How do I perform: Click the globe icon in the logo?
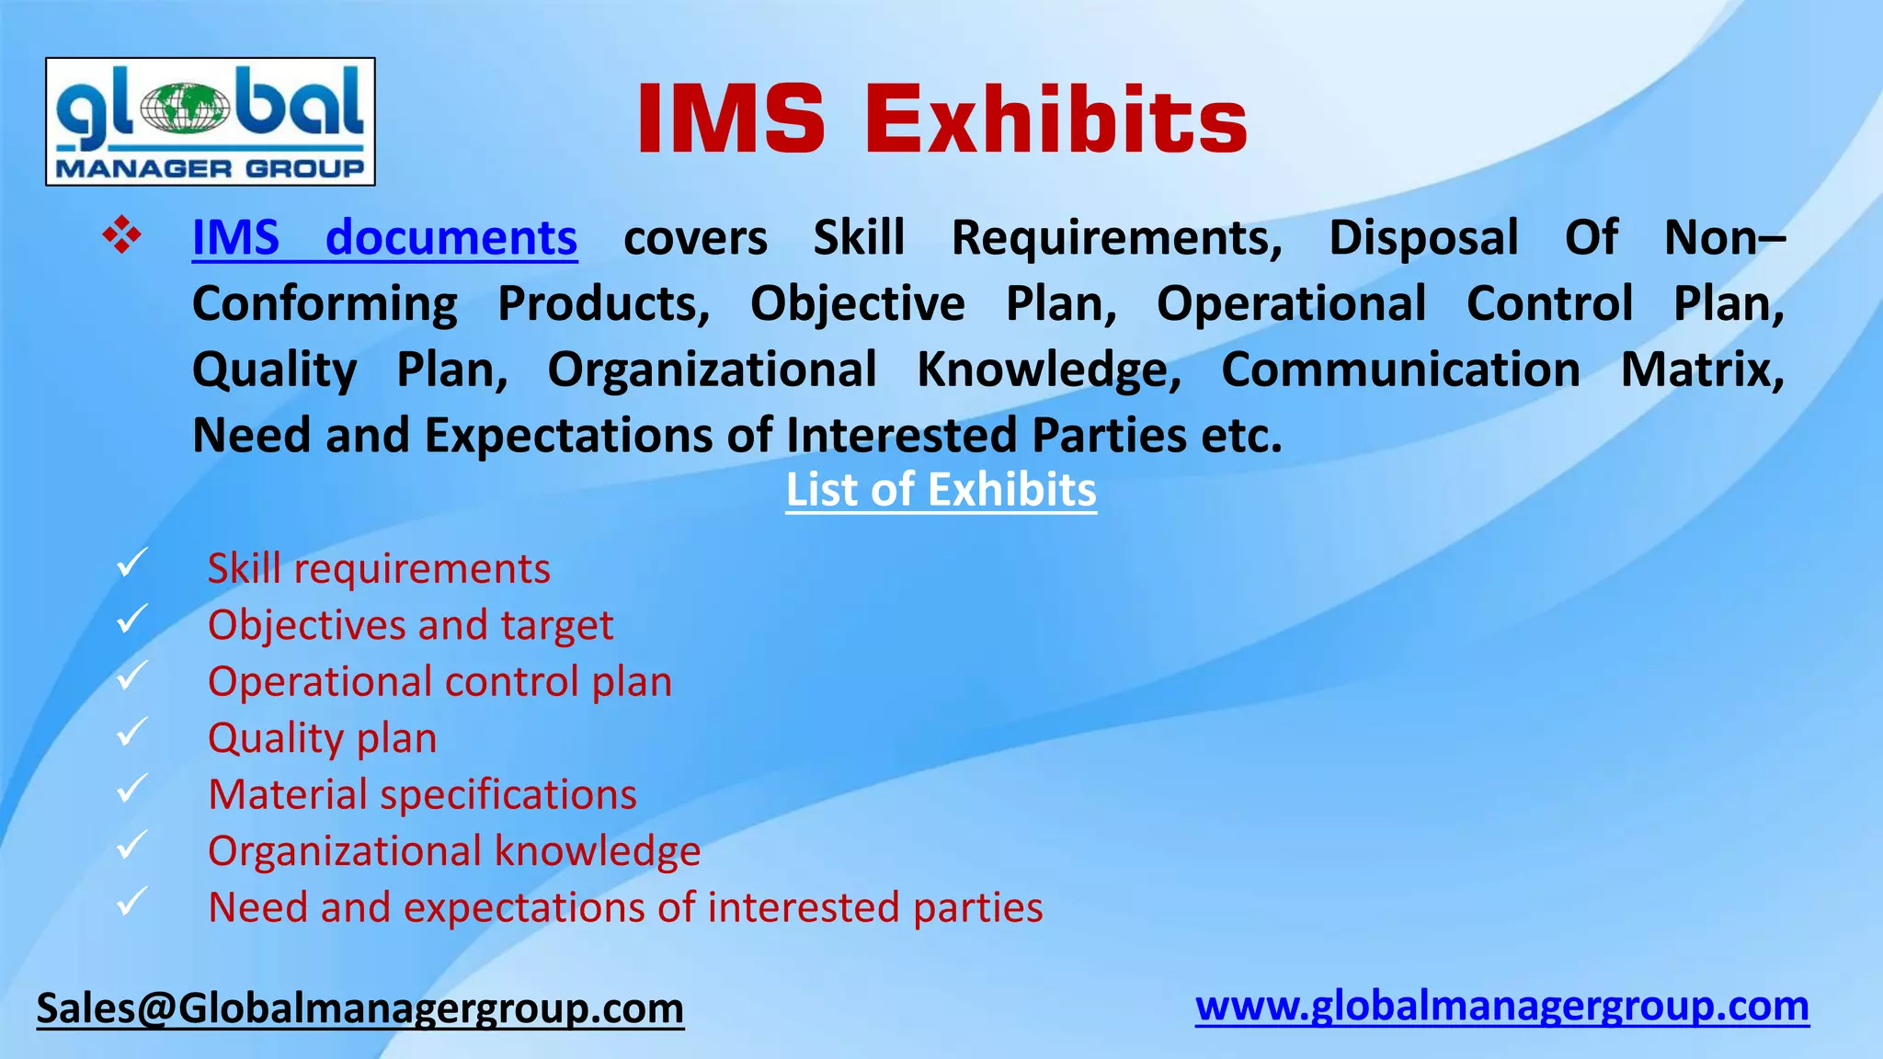tap(185, 108)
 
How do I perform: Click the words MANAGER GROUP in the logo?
tap(211, 169)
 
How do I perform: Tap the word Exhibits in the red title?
tap(1056, 120)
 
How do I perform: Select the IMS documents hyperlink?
tap(384, 238)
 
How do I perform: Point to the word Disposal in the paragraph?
tap(1423, 238)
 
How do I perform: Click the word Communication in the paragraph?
tap(1400, 370)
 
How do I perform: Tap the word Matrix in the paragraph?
tap(1701, 370)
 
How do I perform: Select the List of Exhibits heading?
tap(941, 490)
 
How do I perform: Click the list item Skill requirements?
tap(379, 569)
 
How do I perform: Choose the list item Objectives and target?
tap(410, 626)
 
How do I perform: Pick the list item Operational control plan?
tap(439, 682)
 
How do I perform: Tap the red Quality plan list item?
tap(322, 738)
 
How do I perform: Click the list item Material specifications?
tap(422, 795)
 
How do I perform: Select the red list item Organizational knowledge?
tap(454, 851)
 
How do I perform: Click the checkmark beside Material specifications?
tap(131, 789)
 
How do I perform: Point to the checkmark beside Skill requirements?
tap(131, 563)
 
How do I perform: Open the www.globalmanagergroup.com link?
tap(1501, 1007)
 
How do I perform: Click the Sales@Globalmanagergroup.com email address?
tap(360, 1008)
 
